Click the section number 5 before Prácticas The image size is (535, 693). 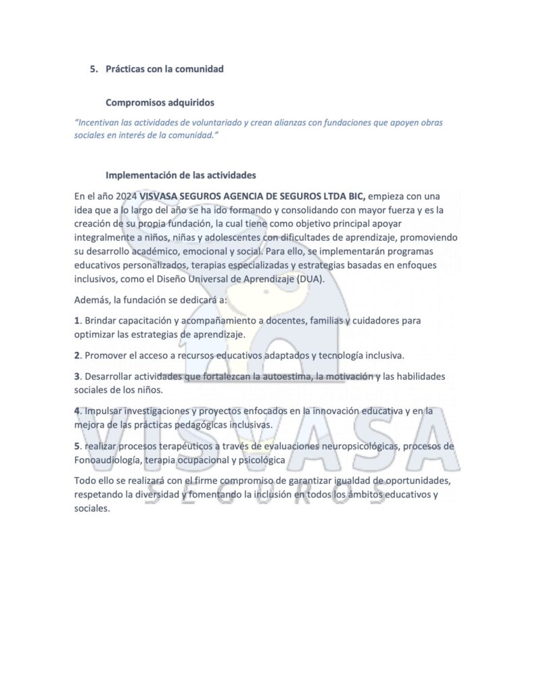(x=93, y=69)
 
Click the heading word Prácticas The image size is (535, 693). (x=127, y=69)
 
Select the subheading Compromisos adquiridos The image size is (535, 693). (x=160, y=103)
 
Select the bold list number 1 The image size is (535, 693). (x=77, y=321)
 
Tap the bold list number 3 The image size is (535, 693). (x=77, y=376)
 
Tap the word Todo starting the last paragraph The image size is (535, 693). (x=86, y=480)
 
